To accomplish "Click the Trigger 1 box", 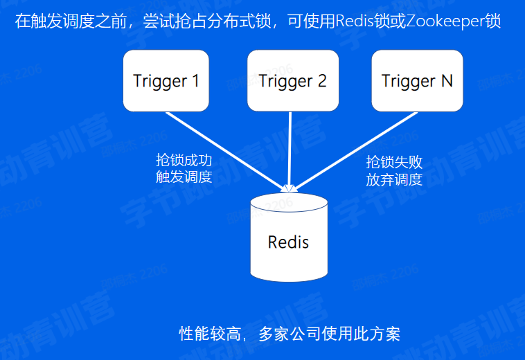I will pos(166,80).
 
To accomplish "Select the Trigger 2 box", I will pos(292,80).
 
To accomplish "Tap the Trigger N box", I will pos(417,80).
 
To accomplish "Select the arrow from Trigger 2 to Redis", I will pos(290,149).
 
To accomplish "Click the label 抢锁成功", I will pos(184,161).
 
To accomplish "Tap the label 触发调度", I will pos(184,177).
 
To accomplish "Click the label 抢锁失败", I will pos(394,163).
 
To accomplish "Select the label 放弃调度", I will pos(394,179).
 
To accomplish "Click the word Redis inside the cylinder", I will pos(288,242).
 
